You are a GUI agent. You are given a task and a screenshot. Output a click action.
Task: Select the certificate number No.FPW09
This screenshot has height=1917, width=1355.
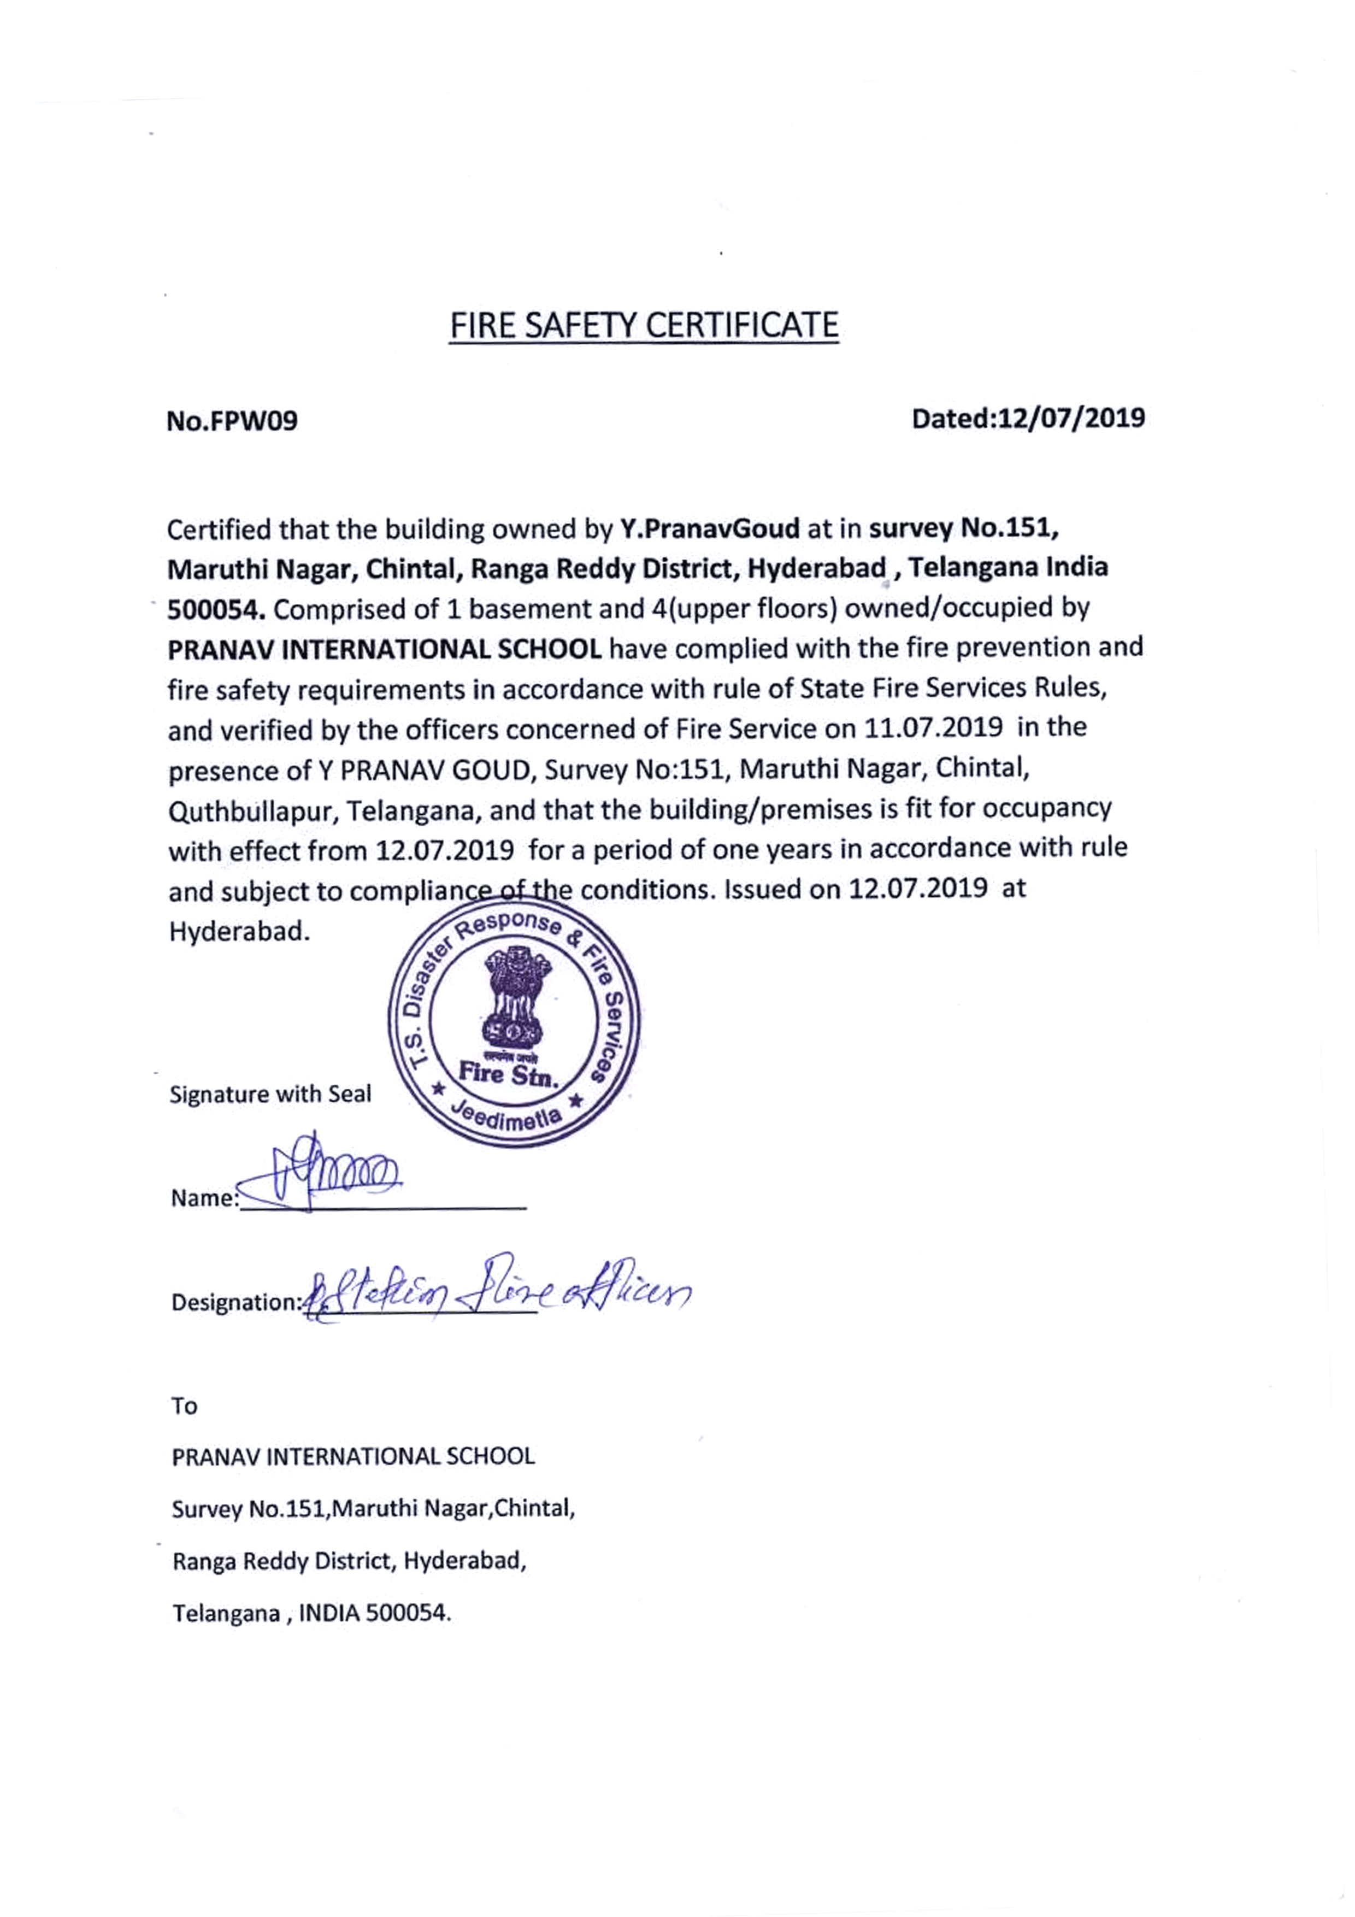pos(232,421)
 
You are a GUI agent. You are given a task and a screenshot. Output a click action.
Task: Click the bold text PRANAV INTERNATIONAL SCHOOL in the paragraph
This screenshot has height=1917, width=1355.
pos(385,650)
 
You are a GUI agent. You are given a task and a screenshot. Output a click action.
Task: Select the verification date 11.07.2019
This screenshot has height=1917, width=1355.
pos(933,728)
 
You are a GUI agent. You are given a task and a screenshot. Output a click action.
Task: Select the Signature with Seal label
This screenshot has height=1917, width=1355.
pos(270,1095)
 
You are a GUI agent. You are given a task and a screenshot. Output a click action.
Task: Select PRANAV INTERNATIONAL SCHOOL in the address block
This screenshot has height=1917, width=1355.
pos(353,1457)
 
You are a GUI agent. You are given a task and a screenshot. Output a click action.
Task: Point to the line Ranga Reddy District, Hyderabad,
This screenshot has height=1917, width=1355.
pos(349,1561)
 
